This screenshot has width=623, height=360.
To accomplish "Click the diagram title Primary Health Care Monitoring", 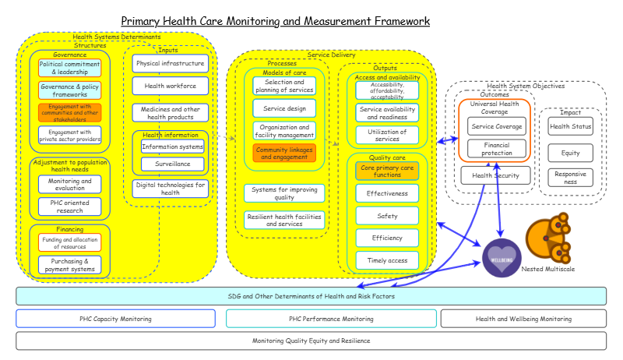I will click(x=275, y=21).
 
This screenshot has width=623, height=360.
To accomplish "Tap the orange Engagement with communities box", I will click(x=70, y=113).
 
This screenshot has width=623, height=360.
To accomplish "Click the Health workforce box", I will click(x=170, y=86).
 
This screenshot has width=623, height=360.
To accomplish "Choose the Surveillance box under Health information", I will click(x=172, y=164).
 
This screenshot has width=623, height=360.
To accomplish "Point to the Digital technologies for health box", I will click(x=170, y=189).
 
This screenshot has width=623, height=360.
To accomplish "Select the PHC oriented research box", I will click(x=70, y=206).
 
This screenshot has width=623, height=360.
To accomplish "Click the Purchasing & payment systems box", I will click(x=70, y=265).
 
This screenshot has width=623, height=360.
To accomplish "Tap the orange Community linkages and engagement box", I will click(x=284, y=153).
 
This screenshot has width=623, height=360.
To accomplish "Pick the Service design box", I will click(x=284, y=108).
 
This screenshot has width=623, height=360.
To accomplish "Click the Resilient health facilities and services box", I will click(x=284, y=220).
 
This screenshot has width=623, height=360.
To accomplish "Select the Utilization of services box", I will click(x=387, y=135).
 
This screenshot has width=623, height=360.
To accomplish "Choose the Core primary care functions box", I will click(x=387, y=170).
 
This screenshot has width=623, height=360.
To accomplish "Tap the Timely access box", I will click(x=387, y=260).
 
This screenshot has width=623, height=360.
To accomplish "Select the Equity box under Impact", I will click(x=570, y=153).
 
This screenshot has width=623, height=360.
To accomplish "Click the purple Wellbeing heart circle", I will click(x=502, y=258).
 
